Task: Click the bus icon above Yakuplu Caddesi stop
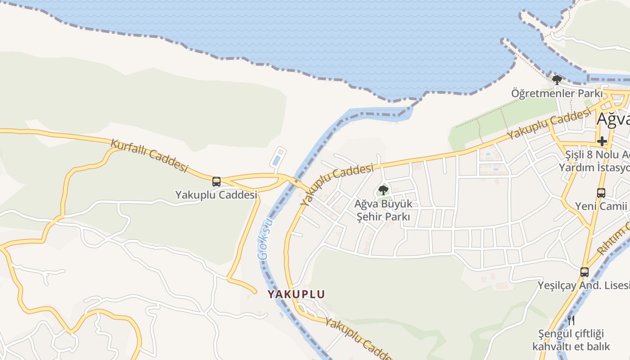click(x=216, y=182)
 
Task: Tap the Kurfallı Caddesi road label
click(x=149, y=156)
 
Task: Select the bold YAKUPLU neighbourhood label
click(x=296, y=294)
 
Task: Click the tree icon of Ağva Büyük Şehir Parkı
click(x=383, y=190)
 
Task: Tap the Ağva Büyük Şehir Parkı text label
click(x=383, y=210)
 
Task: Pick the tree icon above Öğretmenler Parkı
click(x=557, y=81)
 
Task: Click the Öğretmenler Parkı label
click(x=556, y=94)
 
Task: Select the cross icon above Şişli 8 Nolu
click(x=602, y=141)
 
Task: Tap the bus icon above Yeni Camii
click(x=601, y=193)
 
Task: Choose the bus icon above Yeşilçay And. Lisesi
click(x=584, y=272)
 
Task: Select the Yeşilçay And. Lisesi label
click(x=584, y=285)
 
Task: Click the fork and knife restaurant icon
click(x=571, y=320)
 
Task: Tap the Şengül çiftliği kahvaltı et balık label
click(x=571, y=340)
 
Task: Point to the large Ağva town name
click(x=613, y=119)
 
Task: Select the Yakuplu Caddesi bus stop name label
click(x=216, y=195)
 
